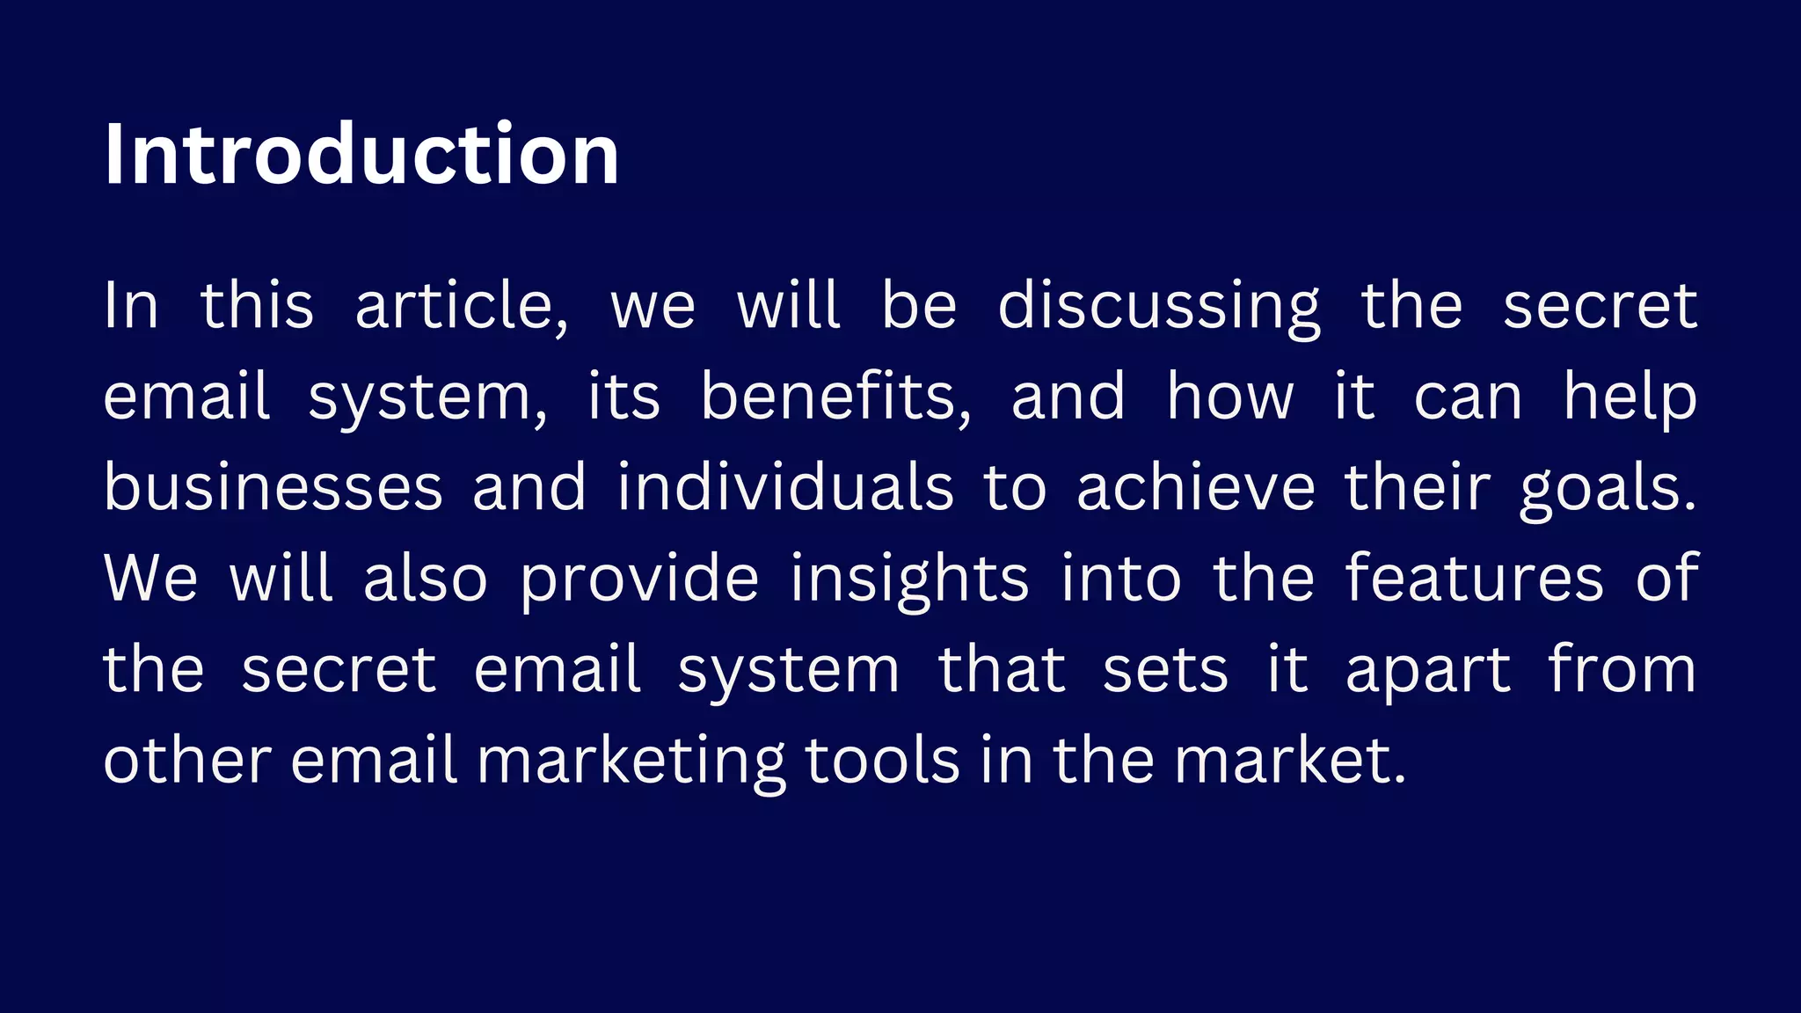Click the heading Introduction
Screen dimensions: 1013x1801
click(361, 155)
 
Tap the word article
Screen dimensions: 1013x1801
click(461, 306)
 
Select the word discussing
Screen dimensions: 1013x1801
click(1158, 308)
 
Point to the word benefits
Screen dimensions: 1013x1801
click(835, 397)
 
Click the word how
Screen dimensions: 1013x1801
click(1230, 397)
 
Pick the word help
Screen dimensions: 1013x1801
click(1630, 398)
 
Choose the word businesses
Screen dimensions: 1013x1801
click(273, 488)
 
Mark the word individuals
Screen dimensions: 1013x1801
click(784, 488)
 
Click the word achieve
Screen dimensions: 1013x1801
click(1195, 488)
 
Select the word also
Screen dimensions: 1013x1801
click(426, 579)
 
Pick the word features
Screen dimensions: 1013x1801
click(1475, 579)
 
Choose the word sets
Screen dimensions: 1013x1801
click(1164, 670)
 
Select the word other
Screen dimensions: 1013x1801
click(187, 761)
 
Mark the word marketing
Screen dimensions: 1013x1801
click(631, 762)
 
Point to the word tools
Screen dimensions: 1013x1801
click(882, 761)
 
